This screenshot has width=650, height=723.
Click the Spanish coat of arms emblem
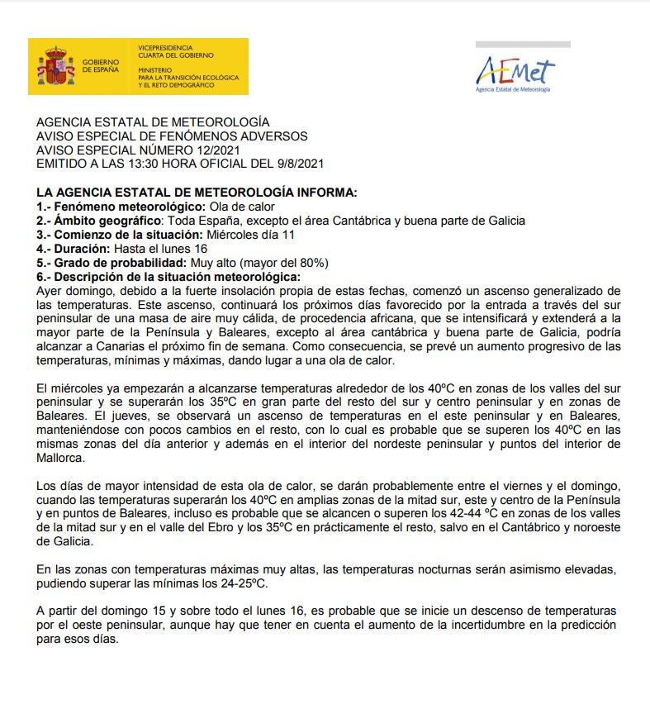coord(55,66)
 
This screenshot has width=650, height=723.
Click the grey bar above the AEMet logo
coord(523,45)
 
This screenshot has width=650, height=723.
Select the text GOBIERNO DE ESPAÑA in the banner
coord(101,66)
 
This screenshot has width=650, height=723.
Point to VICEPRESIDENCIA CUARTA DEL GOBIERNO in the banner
coord(176,51)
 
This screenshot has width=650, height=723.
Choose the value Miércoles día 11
coord(251,235)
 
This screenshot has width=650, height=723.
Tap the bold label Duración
coord(80,249)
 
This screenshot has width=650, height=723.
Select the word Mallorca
coord(60,458)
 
